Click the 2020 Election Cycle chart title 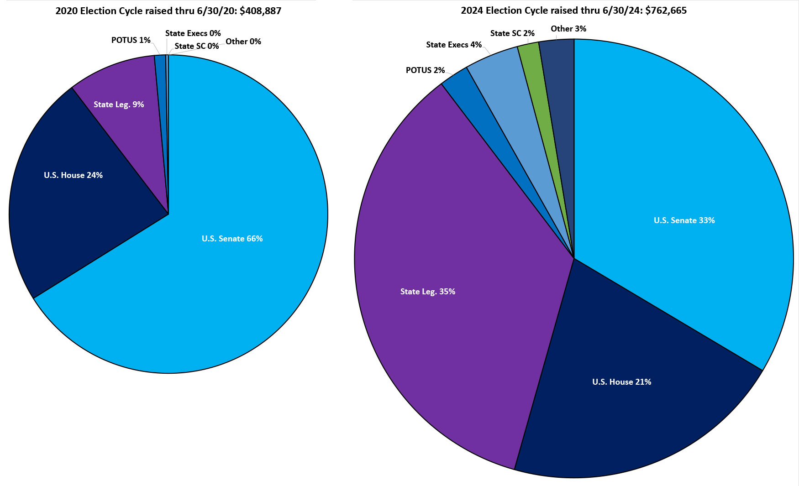[x=168, y=11]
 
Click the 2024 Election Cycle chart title [x=573, y=10]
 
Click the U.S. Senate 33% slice [x=685, y=192]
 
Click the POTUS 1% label [x=131, y=40]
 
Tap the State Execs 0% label [x=193, y=33]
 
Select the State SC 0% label [x=196, y=46]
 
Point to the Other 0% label [x=243, y=42]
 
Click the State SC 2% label [x=512, y=33]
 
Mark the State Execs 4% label [x=454, y=45]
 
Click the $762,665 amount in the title [x=666, y=10]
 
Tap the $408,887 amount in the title [x=260, y=11]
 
